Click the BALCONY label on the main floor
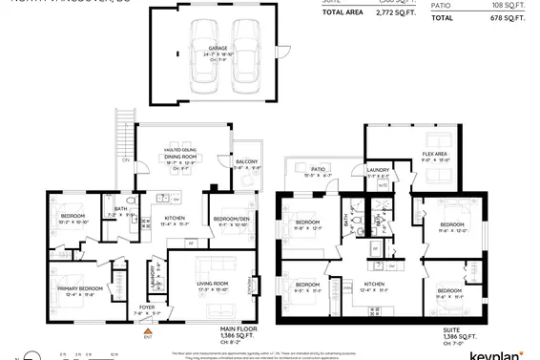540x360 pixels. (248, 161)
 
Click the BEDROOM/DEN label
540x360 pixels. (231, 220)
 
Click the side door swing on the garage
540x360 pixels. (280, 48)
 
